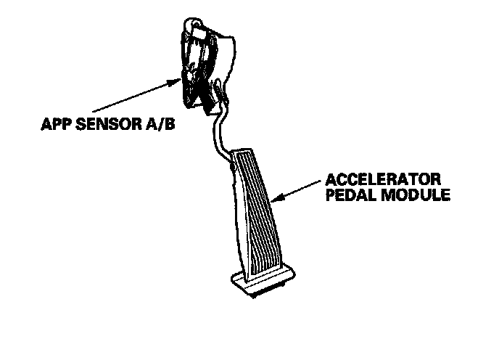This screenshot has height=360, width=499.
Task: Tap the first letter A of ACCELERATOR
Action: [x=331, y=179]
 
